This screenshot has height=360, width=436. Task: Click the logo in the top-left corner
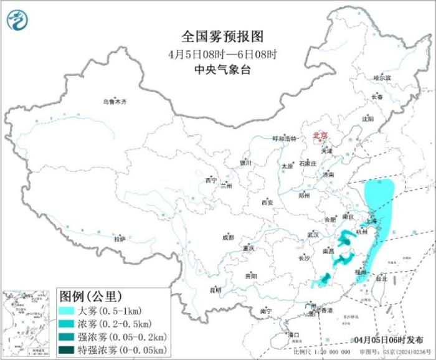click(x=17, y=21)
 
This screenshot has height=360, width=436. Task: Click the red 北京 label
click(x=320, y=134)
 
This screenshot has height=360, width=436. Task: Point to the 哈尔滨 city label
click(x=382, y=78)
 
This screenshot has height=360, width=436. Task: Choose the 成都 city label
click(x=228, y=237)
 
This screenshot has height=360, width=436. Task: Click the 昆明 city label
click(x=215, y=290)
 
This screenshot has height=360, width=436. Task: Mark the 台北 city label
click(x=380, y=279)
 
